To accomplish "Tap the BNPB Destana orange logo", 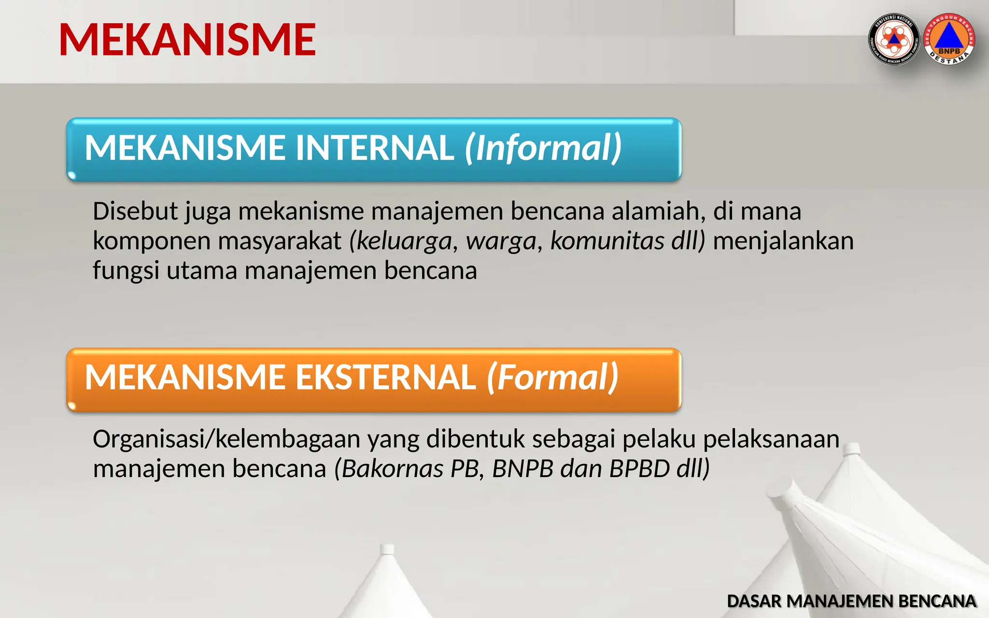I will (949, 39).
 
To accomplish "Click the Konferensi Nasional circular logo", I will (894, 39).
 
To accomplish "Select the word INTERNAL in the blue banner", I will (375, 148).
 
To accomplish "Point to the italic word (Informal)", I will (543, 148).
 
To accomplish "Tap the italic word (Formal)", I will (553, 378).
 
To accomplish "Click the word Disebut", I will (135, 211).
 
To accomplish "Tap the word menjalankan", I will (783, 241).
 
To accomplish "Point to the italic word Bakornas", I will (392, 469).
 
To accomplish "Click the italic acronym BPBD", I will (639, 469).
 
